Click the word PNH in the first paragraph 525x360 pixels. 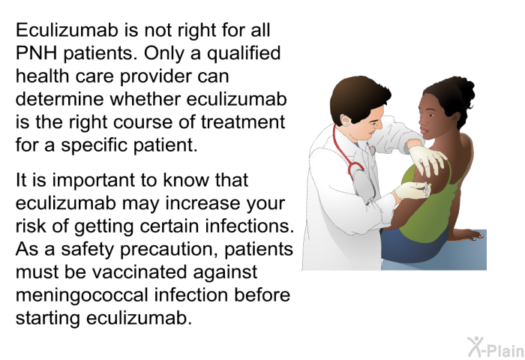[x=34, y=54]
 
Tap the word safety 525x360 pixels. [x=88, y=249]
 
